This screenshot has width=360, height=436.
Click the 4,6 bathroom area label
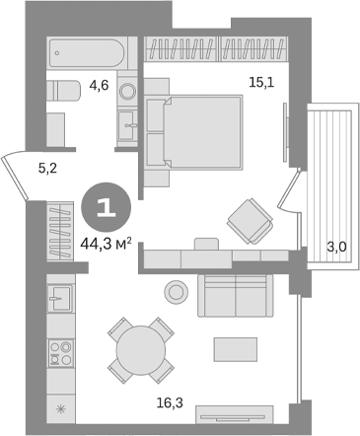[x=98, y=87]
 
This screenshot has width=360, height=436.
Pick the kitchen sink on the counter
[x=57, y=297]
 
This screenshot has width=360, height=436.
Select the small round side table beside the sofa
[x=177, y=291]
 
